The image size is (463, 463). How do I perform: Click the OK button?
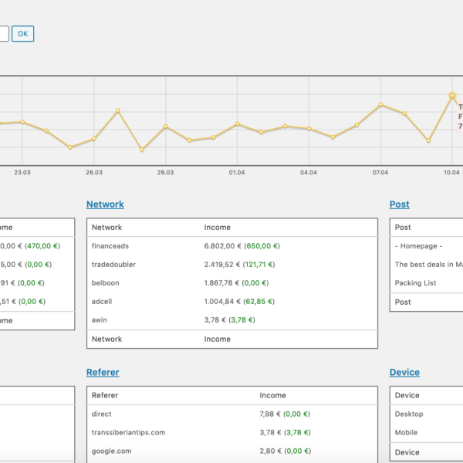click(x=22, y=33)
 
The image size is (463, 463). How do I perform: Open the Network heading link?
click(x=105, y=204)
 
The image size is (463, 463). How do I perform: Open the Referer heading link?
click(x=103, y=372)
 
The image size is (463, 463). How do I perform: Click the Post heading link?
click(x=399, y=204)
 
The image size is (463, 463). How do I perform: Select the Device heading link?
click(x=404, y=372)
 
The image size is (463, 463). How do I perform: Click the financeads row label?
click(x=110, y=246)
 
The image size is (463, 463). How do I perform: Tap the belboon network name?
click(x=105, y=283)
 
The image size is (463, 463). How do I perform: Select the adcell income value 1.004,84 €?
click(x=222, y=302)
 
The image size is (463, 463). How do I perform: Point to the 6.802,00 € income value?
click(x=222, y=246)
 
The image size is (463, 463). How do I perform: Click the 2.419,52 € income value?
click(x=222, y=265)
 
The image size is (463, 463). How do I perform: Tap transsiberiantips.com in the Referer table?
click(x=128, y=432)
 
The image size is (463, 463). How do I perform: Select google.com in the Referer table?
click(x=111, y=451)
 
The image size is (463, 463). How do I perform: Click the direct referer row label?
click(x=102, y=414)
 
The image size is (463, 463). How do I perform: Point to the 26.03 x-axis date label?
click(x=94, y=172)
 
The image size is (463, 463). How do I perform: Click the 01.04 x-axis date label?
click(x=237, y=172)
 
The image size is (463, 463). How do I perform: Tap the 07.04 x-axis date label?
click(x=380, y=172)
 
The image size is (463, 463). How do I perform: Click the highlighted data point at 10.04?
click(x=452, y=96)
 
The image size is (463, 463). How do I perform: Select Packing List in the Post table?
click(x=415, y=283)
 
